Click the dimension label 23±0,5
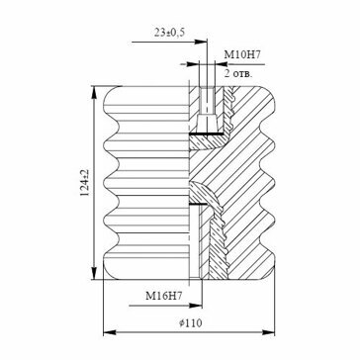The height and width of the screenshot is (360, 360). point(169,33)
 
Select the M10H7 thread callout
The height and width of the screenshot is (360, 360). point(242,54)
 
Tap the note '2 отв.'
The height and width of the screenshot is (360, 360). point(238,73)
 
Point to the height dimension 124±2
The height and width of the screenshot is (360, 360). point(85,183)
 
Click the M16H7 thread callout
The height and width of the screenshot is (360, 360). point(164,297)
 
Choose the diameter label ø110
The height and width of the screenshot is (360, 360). point(191,323)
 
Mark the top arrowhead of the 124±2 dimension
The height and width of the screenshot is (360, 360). point(94,92)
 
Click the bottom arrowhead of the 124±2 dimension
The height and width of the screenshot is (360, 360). point(94,273)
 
